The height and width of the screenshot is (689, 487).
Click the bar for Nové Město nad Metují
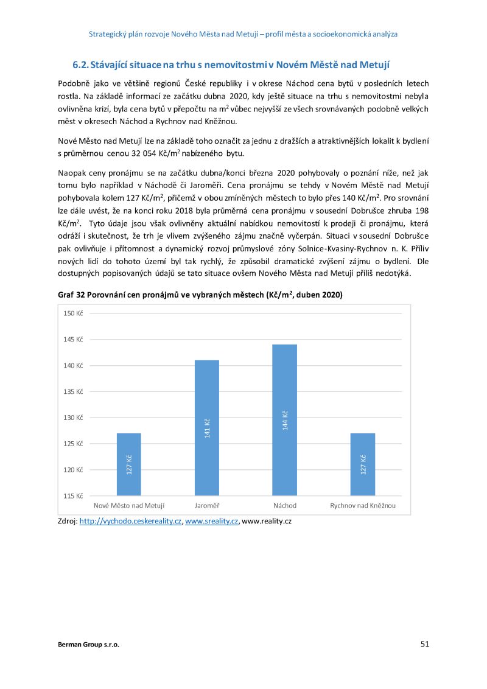point(128,464)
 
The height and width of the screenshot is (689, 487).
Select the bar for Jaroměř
point(207,427)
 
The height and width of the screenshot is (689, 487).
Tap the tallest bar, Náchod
point(285,419)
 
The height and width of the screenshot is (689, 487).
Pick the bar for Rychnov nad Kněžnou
point(363,464)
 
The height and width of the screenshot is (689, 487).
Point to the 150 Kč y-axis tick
point(74,313)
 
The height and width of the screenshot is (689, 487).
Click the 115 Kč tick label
point(74,495)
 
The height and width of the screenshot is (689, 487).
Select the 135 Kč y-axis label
point(74,391)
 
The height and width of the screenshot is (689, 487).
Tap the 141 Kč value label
point(207,428)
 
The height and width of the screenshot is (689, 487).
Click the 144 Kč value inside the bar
point(285,421)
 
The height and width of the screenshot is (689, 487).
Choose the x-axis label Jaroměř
point(207,506)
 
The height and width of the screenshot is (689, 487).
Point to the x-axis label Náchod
point(285,506)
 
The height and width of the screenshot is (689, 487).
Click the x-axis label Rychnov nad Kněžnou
point(363,506)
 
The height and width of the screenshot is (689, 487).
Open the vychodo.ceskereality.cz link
point(131,522)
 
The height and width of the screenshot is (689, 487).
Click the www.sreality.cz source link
point(211,522)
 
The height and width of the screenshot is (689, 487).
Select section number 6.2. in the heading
point(81,64)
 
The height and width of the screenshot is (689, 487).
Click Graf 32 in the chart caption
point(71,295)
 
